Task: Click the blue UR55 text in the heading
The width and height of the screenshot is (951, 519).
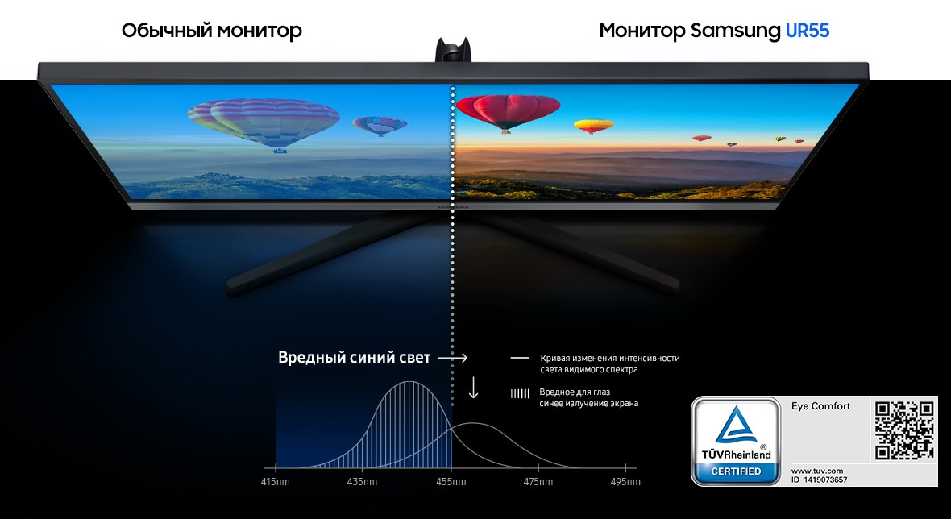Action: [808, 31]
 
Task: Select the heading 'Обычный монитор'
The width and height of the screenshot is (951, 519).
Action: [212, 31]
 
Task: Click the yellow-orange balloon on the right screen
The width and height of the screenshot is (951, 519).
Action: [594, 126]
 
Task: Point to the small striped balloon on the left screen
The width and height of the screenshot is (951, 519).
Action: [380, 126]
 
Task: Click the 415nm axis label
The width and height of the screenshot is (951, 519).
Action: [276, 482]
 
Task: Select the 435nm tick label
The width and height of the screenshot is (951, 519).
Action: [362, 482]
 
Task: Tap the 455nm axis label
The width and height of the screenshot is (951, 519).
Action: [451, 482]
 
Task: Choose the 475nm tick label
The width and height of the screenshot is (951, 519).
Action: [538, 482]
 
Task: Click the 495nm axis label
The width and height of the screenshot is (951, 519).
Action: [625, 482]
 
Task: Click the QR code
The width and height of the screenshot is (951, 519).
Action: [904, 430]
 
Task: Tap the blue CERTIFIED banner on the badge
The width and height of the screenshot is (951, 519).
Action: [736, 471]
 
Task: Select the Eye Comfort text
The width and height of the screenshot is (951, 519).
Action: [820, 406]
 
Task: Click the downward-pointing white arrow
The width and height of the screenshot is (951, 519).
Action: [473, 388]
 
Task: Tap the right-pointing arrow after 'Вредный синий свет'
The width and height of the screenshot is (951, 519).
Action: [453, 358]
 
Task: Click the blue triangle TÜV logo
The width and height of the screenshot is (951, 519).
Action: [736, 425]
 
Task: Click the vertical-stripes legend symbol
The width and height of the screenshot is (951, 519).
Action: [520, 393]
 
